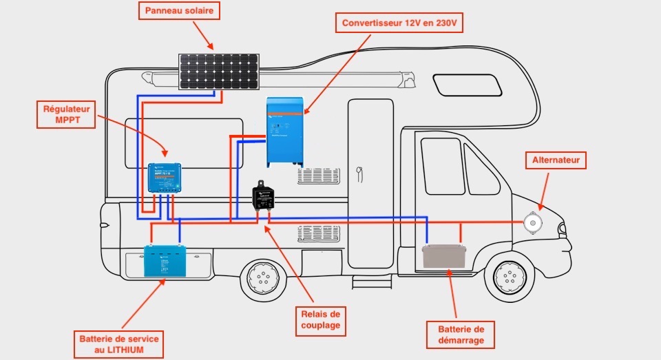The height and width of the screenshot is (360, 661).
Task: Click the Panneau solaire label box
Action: [x=178, y=11]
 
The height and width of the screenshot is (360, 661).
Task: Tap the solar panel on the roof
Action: [x=220, y=72]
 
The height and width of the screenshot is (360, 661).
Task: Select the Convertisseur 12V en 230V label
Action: [x=399, y=23]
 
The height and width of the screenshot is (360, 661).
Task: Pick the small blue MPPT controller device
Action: [x=165, y=178]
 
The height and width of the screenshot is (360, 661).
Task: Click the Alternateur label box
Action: [x=556, y=161]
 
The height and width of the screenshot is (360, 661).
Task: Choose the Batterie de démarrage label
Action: [x=461, y=334]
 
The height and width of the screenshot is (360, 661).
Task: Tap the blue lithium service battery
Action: [x=165, y=261]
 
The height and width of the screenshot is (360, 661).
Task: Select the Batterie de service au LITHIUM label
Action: [x=118, y=345]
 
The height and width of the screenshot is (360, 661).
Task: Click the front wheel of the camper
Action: [x=509, y=277]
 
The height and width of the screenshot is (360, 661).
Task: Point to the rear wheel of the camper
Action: [x=261, y=278]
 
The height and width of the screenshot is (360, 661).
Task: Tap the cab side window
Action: [x=443, y=166]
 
